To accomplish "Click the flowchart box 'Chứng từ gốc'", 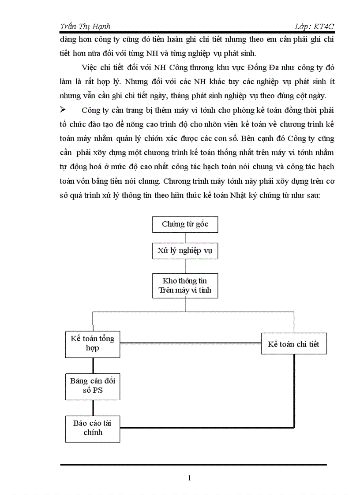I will pos(185,224).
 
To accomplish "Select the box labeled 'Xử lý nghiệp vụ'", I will pos(185,251).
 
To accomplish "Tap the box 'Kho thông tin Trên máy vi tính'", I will pos(185,286).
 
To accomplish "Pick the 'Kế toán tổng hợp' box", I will pos(93,343).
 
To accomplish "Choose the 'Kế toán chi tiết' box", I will pos(293,344).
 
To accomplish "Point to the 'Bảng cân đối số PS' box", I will pos(93,386).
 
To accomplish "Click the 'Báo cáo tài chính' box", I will pos(93,428).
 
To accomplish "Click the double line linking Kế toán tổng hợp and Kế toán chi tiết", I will pos(190,344).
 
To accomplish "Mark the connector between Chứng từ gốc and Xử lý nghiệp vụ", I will pos(185,238).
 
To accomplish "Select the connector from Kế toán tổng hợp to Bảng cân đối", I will pos(93,365).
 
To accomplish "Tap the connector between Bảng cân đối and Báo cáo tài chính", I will pos(93,408).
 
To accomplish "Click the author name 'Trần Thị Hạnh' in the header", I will pos(85,27).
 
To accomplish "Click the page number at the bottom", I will pos(189,477).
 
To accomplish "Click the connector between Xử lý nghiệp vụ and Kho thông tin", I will pos(185,266).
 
